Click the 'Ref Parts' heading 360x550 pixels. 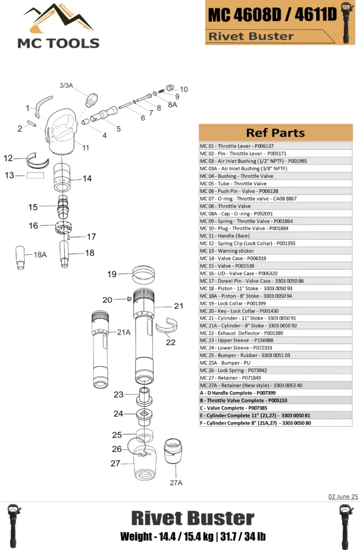point(275,133)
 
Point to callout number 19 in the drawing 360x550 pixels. point(112,274)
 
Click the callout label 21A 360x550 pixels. point(123,332)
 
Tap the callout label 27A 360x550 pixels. point(176,482)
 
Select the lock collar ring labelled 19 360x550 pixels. point(149,277)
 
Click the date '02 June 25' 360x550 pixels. point(343,496)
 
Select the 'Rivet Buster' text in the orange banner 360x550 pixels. point(250,36)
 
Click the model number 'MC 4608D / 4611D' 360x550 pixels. point(271,15)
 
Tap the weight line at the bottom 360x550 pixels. point(192,537)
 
